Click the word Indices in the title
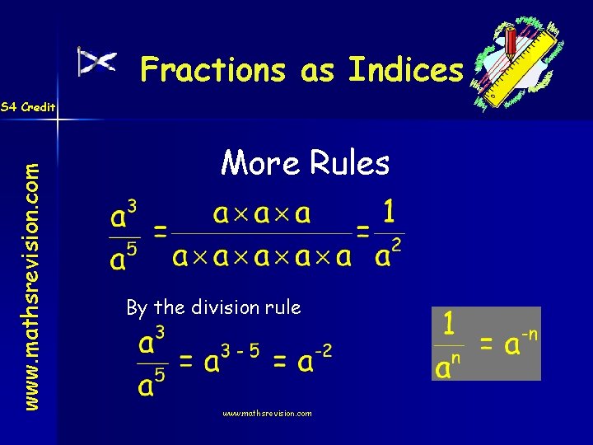tap(406, 71)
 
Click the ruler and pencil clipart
tap(518, 63)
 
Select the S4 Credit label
tap(28, 107)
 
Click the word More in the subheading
tap(260, 163)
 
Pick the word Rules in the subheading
tap(349, 163)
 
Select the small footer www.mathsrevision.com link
tap(267, 414)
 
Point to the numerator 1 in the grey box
tap(448, 323)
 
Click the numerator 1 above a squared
tap(389, 213)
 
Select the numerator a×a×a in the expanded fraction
tap(262, 214)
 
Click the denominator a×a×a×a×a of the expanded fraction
tap(262, 256)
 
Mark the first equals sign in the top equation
tap(161, 233)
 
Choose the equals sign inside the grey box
tap(488, 345)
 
